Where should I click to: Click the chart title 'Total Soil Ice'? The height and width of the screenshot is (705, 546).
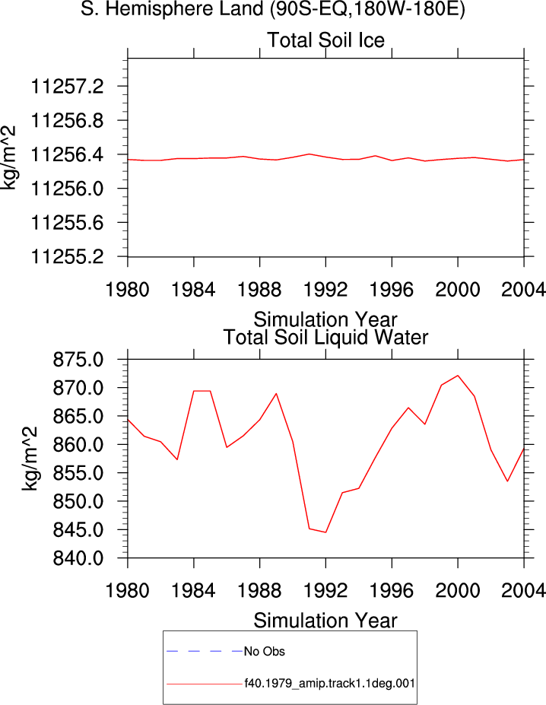[326, 40]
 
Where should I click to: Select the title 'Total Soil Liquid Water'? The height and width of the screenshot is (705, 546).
[325, 337]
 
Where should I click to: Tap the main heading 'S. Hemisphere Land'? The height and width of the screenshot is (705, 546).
[172, 8]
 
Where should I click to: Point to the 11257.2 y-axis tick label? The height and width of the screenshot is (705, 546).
[67, 87]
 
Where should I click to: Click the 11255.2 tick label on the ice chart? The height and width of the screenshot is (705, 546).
[67, 257]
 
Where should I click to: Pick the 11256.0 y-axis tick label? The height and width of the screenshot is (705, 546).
[67, 189]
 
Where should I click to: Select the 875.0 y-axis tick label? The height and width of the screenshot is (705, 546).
[78, 360]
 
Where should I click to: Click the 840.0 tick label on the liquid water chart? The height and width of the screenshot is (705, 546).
[78, 558]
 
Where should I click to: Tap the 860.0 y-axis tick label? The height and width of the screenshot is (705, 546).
[78, 445]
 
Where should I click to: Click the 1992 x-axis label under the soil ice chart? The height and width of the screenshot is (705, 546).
[325, 290]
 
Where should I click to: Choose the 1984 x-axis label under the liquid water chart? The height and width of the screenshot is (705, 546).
[193, 590]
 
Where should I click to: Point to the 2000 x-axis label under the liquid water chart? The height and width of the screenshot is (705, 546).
[457, 590]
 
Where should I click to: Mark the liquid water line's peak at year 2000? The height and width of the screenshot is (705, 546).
[458, 376]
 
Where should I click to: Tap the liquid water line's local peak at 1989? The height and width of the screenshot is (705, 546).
[276, 394]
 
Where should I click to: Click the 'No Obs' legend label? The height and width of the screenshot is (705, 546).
[265, 652]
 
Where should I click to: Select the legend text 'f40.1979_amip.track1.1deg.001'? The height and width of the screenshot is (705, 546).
[329, 684]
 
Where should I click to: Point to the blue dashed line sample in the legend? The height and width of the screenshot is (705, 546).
[205, 651]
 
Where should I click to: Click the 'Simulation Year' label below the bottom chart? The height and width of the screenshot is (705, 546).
[325, 621]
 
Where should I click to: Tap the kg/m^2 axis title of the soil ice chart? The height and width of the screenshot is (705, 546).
[8, 157]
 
